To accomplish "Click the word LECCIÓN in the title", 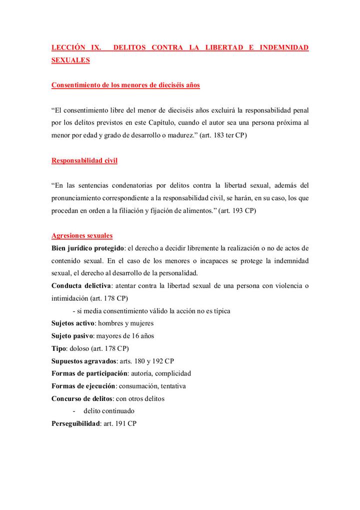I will (69, 48).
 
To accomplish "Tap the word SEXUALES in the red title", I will (70, 60).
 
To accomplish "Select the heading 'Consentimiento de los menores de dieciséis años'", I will (125, 85).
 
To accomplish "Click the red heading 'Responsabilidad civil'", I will (84, 161).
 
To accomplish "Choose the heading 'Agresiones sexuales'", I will (82, 236).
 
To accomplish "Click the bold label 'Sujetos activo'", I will (73, 323).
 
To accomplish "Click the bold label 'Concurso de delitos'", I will (81, 398).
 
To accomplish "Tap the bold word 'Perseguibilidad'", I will (75, 423).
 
